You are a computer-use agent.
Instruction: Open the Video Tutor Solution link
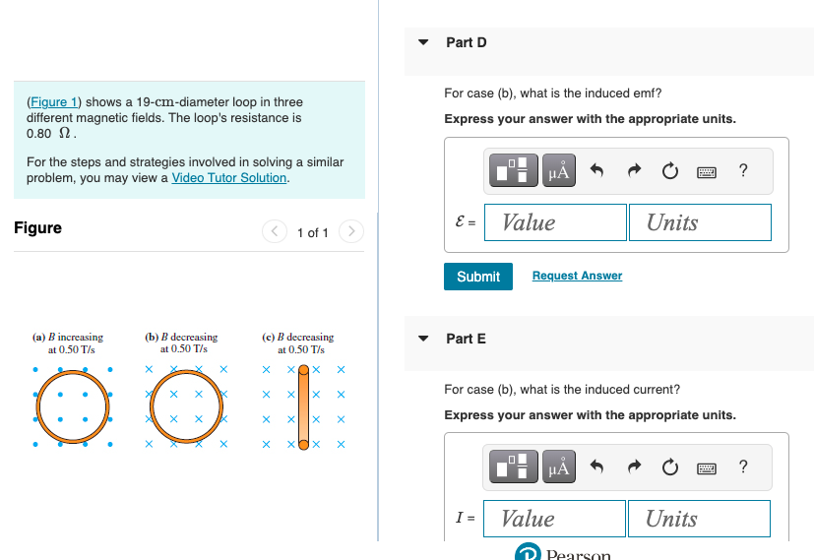coord(229,178)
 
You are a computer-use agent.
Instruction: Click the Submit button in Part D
coord(478,277)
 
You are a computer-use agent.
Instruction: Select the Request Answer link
coord(577,276)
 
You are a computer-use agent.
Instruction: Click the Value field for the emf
coord(558,222)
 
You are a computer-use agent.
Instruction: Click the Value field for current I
coord(557,519)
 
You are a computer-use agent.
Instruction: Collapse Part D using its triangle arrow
coord(424,42)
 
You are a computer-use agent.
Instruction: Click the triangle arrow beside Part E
coord(424,339)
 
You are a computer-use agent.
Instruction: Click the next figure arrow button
coord(351,232)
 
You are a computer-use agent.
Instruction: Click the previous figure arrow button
coord(274,232)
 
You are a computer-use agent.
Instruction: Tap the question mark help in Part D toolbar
coord(742,171)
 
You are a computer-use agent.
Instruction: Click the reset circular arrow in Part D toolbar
coord(669,171)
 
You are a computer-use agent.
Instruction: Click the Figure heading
coord(37,228)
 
